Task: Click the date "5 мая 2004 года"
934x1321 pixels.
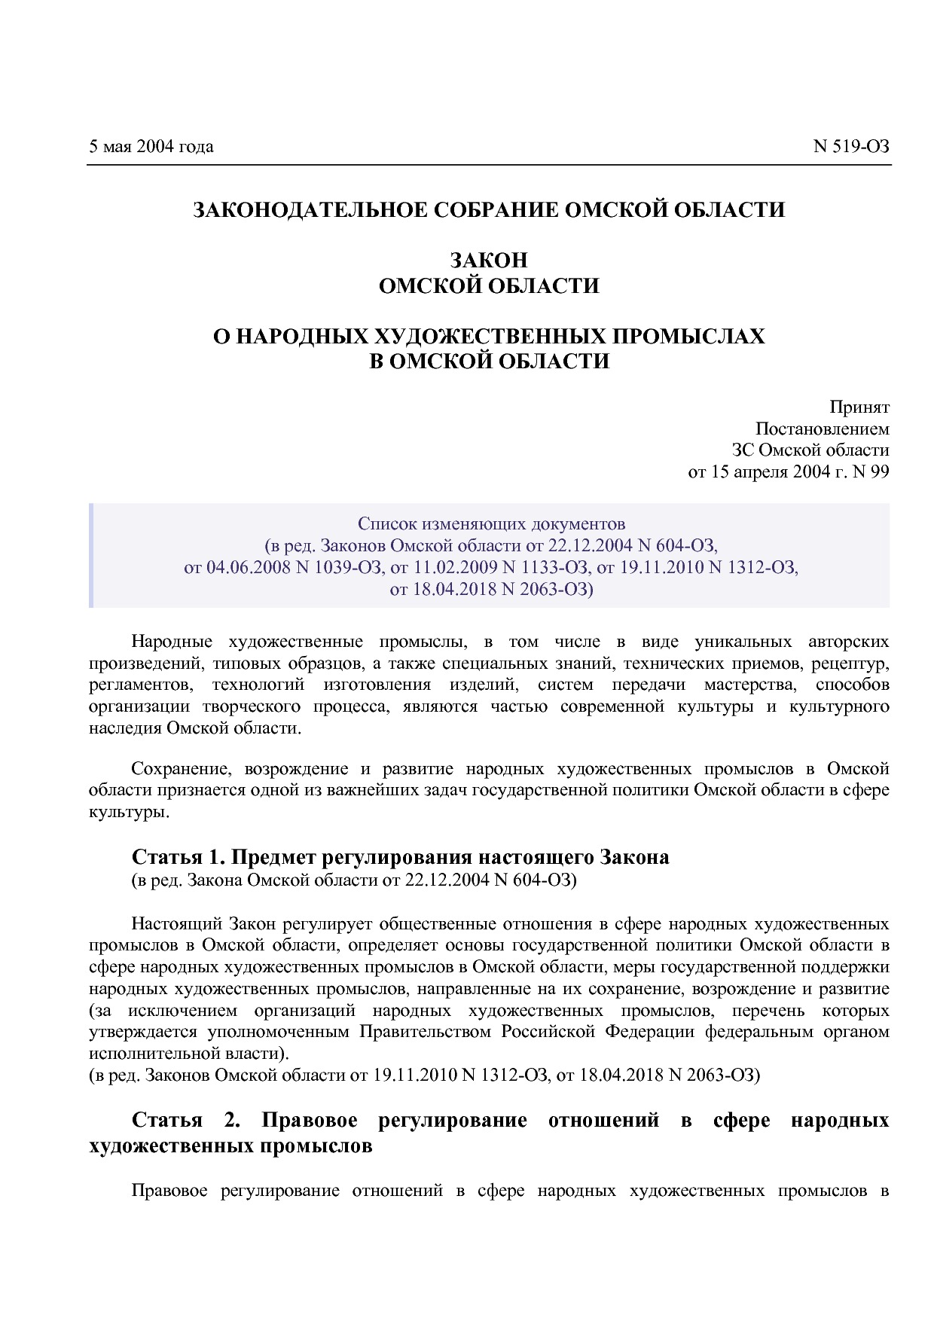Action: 151,146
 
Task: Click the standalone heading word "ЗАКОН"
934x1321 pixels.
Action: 489,261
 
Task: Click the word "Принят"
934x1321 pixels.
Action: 859,407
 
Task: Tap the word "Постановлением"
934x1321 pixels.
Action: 822,429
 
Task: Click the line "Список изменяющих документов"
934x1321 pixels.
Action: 491,523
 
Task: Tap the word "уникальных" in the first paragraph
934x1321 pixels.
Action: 743,642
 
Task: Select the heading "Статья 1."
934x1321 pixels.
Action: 178,857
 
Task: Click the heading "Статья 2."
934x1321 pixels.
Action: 185,1120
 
